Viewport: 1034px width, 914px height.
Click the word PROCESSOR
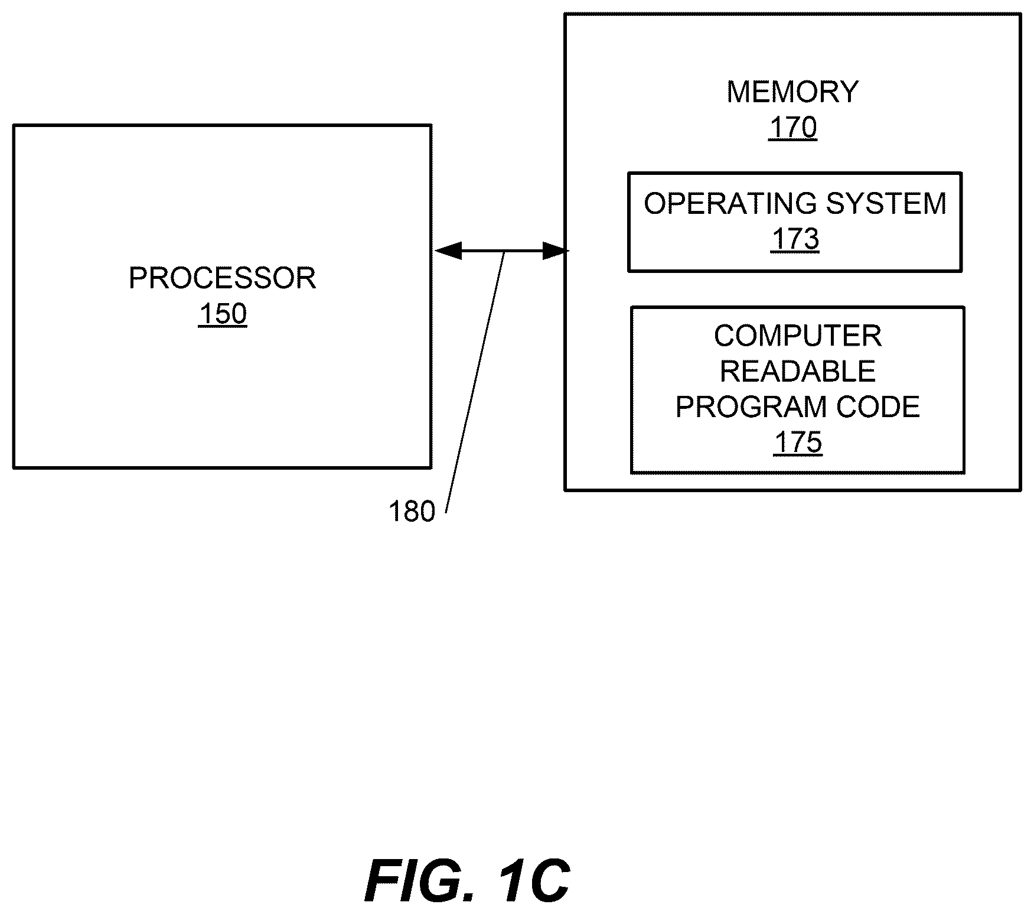click(222, 278)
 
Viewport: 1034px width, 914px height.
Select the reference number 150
click(222, 314)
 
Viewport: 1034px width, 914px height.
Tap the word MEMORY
click(792, 92)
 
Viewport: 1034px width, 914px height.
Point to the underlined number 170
click(792, 128)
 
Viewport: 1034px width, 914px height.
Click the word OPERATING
click(730, 203)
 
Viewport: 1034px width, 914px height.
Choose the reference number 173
click(795, 239)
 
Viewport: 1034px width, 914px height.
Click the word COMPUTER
click(798, 336)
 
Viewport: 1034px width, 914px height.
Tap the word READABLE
click(798, 372)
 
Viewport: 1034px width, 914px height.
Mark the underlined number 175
click(798, 443)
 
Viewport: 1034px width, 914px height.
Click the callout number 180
click(412, 512)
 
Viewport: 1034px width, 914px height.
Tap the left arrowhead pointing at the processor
click(447, 251)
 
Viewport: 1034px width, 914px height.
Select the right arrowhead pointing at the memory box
click(556, 251)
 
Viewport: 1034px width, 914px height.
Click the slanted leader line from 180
click(475, 382)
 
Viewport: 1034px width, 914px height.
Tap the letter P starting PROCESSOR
click(138, 278)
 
